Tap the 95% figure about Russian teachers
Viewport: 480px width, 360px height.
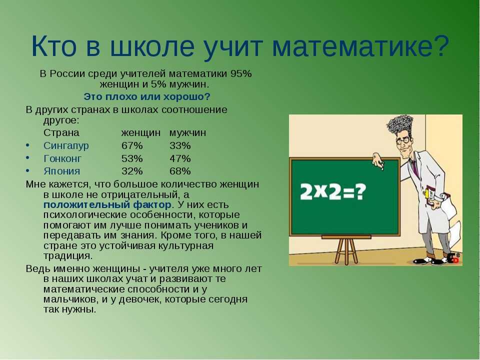pos(241,74)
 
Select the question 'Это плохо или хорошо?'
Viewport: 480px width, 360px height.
pos(147,96)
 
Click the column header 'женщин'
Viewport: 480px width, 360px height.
pos(141,133)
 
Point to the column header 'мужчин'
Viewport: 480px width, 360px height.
pos(187,133)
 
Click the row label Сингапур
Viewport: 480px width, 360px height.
pos(66,145)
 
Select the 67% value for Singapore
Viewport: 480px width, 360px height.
pos(132,145)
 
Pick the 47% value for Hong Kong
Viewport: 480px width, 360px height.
pos(180,158)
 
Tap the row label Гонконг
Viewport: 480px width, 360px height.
pos(63,158)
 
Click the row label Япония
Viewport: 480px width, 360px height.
pos(62,171)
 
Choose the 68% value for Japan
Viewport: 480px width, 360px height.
pos(180,171)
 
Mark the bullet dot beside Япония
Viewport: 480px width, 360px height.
pos(28,170)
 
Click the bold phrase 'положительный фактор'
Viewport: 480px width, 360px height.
pos(107,205)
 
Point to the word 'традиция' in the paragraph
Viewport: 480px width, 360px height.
pos(67,256)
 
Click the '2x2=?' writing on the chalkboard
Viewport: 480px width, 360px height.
pos(333,192)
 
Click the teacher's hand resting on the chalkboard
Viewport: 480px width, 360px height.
pos(378,160)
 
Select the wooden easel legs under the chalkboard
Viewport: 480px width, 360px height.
pos(346,251)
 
